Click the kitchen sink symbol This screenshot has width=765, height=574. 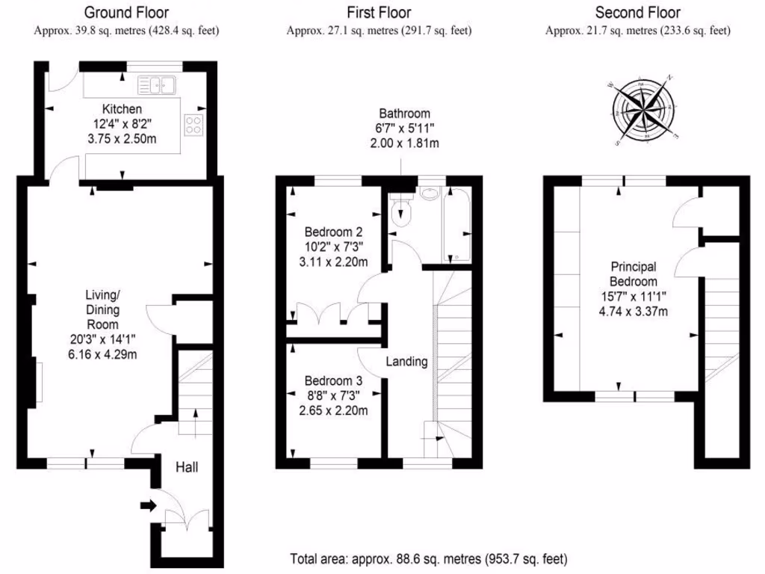click(161, 85)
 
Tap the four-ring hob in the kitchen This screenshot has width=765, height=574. click(193, 126)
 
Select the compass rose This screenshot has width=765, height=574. click(644, 110)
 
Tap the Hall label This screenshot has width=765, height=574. click(187, 467)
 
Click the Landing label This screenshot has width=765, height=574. click(406, 362)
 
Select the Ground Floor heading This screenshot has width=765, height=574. click(126, 12)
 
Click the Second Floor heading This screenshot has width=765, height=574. click(637, 12)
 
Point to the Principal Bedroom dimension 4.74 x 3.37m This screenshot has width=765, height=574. click(634, 311)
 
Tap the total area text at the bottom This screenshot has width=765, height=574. click(428, 558)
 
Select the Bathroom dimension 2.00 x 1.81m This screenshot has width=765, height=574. click(404, 143)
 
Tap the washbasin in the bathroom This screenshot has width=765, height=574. click(430, 194)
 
